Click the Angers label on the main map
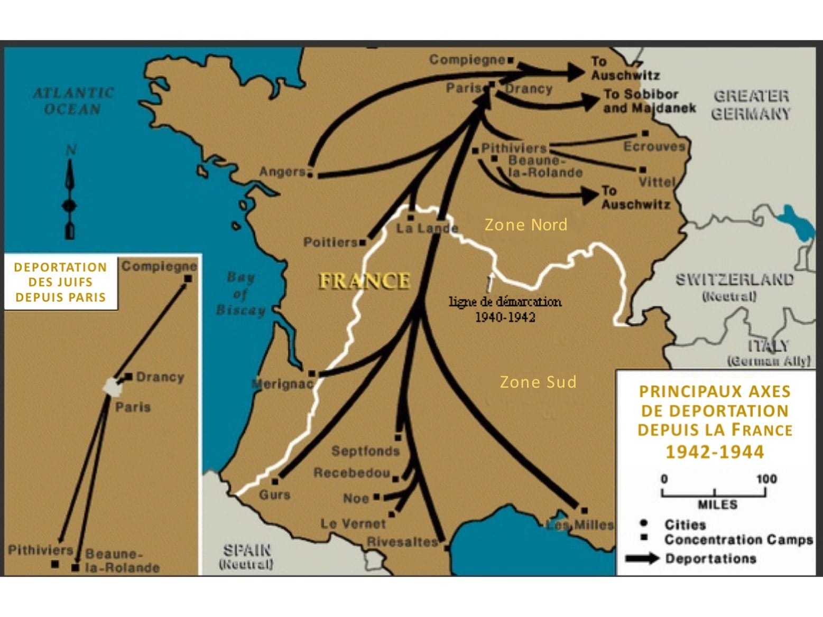pyautogui.click(x=282, y=172)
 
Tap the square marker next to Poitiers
pyautogui.click(x=362, y=242)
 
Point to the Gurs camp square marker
pyautogui.click(x=275, y=481)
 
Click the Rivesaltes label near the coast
pyautogui.click(x=402, y=541)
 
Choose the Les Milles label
pyautogui.click(x=580, y=525)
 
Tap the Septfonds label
pyautogui.click(x=365, y=451)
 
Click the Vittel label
pyautogui.click(x=657, y=182)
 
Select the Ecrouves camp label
pyautogui.click(x=654, y=146)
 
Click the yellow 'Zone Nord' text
pyautogui.click(x=525, y=225)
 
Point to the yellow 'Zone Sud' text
pyautogui.click(x=538, y=382)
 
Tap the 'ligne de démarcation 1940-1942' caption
pyautogui.click(x=505, y=309)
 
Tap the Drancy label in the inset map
pyautogui.click(x=160, y=377)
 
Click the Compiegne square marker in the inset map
pyautogui.click(x=188, y=278)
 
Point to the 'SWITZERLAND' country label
pyautogui.click(x=734, y=279)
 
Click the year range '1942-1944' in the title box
pyautogui.click(x=714, y=452)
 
